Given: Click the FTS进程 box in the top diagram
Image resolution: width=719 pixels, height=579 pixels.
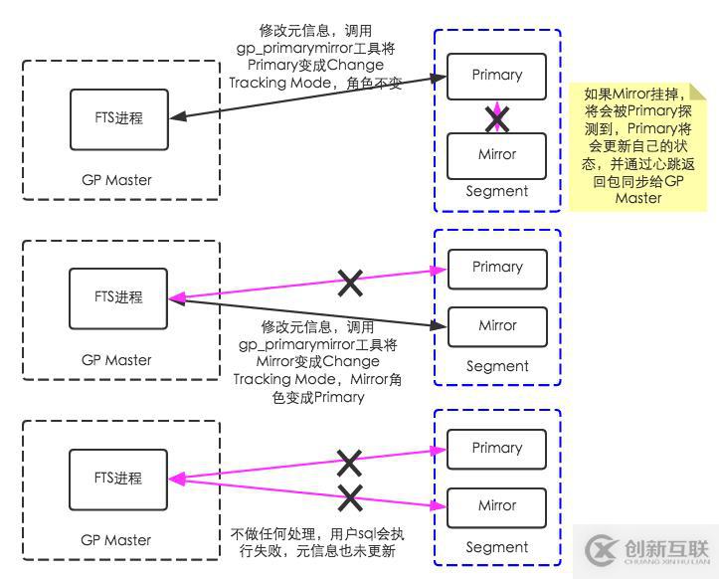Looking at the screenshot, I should coord(118,118).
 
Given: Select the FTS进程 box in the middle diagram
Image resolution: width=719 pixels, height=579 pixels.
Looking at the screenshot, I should coord(118,297).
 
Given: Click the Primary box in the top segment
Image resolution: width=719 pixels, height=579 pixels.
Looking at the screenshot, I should coord(497,76).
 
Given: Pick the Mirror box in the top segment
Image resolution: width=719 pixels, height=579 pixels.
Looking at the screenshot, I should coord(497,155).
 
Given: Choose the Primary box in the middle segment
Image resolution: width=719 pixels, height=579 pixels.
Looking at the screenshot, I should coord(497,267).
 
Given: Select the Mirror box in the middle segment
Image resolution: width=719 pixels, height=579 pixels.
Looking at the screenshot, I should coord(497,325).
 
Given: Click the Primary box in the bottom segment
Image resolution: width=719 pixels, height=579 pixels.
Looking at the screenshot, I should coord(497,448).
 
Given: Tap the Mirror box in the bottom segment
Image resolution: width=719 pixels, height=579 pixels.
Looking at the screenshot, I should coord(497,505).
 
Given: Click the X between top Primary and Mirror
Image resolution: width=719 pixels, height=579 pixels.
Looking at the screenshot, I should coord(497,120).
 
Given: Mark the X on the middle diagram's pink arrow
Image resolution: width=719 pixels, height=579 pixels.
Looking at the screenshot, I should coord(350,284).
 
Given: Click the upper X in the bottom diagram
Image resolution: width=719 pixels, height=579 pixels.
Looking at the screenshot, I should coord(349,462).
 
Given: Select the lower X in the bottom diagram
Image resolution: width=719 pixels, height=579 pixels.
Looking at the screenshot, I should coord(349,495).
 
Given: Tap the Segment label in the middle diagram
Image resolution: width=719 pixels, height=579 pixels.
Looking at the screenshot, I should coord(497,366).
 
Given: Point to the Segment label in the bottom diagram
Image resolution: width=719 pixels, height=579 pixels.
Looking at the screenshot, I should coord(497,547).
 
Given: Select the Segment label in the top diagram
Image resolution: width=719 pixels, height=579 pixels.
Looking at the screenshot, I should coord(497,191).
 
